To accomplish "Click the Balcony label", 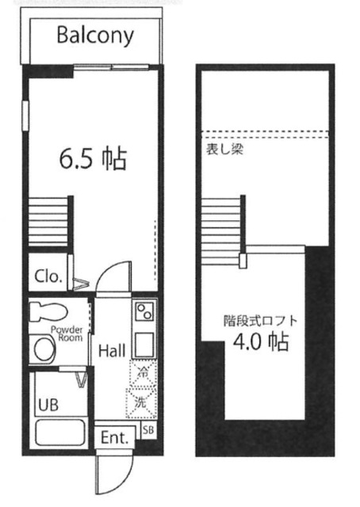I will pyautogui.click(x=95, y=36).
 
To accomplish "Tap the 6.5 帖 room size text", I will pyautogui.click(x=94, y=160).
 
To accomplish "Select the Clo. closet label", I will pyautogui.click(x=48, y=277).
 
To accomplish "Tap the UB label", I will pyautogui.click(x=48, y=403).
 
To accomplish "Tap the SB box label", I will pyautogui.click(x=147, y=430).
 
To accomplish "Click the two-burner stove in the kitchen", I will pyautogui.click(x=145, y=311).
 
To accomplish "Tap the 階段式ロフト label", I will pyautogui.click(x=260, y=322).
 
